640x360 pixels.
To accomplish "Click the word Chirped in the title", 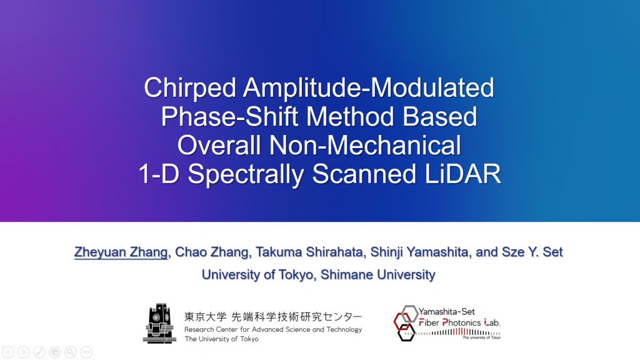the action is click(190, 87).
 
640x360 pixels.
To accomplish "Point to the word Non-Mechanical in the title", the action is click(365, 145).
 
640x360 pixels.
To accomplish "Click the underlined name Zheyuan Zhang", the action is click(121, 252).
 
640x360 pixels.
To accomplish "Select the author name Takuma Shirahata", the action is click(309, 252).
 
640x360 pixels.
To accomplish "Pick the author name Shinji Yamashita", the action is click(419, 252).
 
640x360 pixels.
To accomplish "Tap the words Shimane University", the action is click(378, 274).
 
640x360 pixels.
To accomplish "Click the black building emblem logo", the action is click(159, 323).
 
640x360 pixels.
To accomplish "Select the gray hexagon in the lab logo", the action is click(409, 314).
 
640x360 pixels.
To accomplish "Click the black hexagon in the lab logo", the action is click(406, 332).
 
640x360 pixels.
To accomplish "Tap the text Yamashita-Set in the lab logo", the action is click(446, 311).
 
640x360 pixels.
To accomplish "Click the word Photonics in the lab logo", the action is click(462, 322).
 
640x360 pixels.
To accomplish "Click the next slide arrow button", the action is click(24, 352).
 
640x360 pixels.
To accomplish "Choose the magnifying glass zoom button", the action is click(71, 352).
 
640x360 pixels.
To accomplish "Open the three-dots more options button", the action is click(86, 352).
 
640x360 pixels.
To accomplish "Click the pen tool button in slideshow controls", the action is click(39, 352).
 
